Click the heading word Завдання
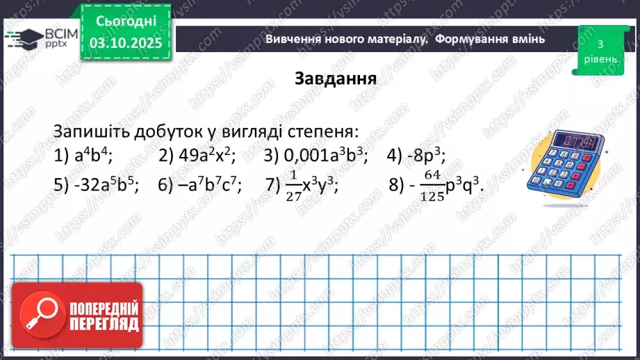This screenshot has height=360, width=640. click(336, 78)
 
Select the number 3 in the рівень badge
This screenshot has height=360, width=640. click(599, 44)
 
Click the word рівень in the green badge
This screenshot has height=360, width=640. click(599, 59)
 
